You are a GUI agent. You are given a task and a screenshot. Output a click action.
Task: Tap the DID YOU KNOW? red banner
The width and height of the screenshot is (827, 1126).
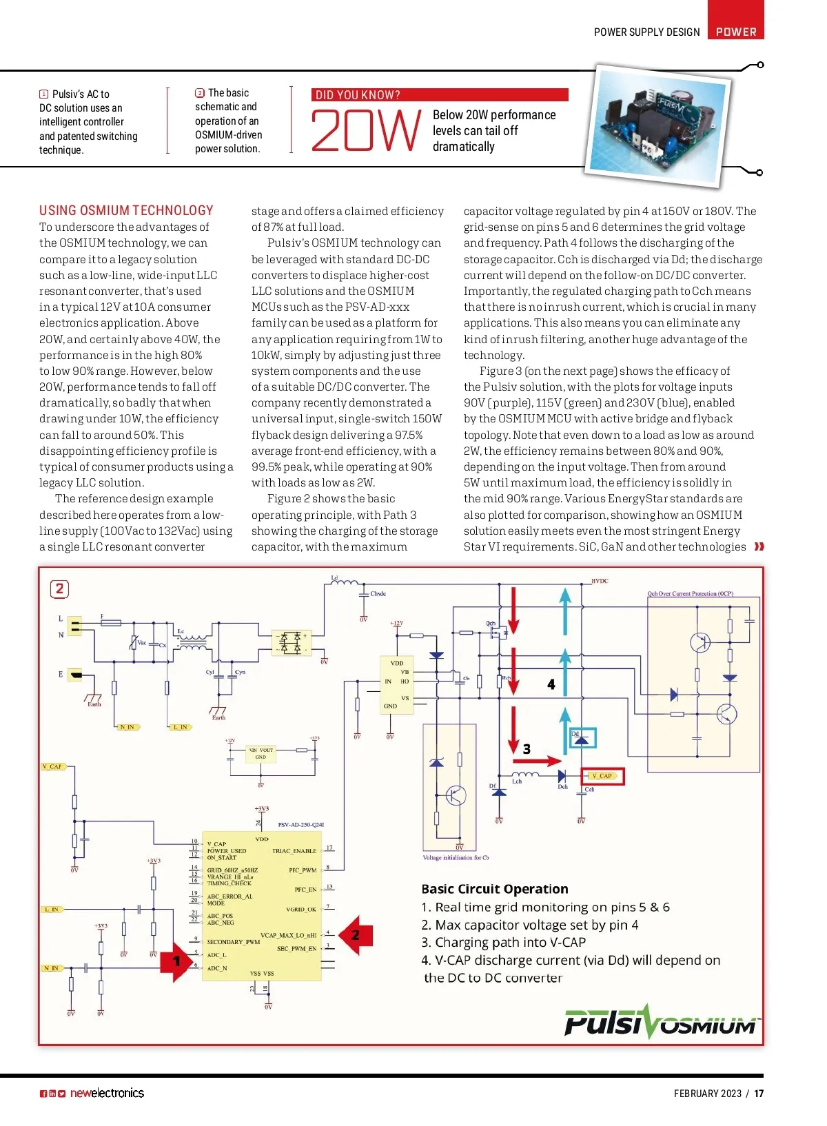point(440,95)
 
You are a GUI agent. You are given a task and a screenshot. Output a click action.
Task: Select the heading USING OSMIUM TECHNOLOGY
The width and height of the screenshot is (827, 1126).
point(126,211)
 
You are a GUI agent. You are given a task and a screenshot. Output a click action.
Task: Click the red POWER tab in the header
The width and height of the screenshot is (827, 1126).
point(735,31)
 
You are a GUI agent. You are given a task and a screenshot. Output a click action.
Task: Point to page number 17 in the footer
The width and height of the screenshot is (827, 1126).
point(759,1094)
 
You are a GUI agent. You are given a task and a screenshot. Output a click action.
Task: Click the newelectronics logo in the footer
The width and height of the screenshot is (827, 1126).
point(107,1094)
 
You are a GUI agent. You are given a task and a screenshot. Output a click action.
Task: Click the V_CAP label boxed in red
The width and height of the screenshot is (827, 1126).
point(602,776)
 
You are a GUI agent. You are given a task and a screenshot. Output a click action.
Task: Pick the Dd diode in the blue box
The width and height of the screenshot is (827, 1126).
point(582,739)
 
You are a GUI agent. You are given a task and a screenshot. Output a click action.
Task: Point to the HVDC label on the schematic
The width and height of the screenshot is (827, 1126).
point(600,581)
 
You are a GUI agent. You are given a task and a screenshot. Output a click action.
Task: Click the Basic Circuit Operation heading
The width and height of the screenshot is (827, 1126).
point(495,889)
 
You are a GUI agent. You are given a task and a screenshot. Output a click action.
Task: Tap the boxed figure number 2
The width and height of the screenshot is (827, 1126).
point(59,588)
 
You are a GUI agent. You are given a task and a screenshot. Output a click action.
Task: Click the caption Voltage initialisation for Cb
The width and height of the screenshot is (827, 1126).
point(456,858)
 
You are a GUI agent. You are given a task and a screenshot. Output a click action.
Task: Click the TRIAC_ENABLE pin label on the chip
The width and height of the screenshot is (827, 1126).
point(294,851)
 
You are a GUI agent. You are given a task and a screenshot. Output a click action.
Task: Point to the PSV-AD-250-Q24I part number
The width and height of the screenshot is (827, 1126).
point(300,824)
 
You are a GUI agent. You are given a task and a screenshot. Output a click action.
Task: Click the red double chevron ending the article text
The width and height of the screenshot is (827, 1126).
point(759,546)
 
